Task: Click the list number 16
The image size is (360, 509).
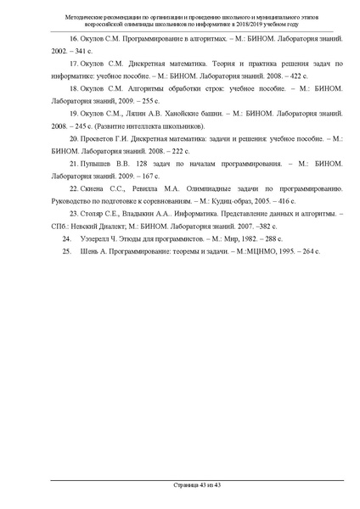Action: [x=73, y=38]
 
